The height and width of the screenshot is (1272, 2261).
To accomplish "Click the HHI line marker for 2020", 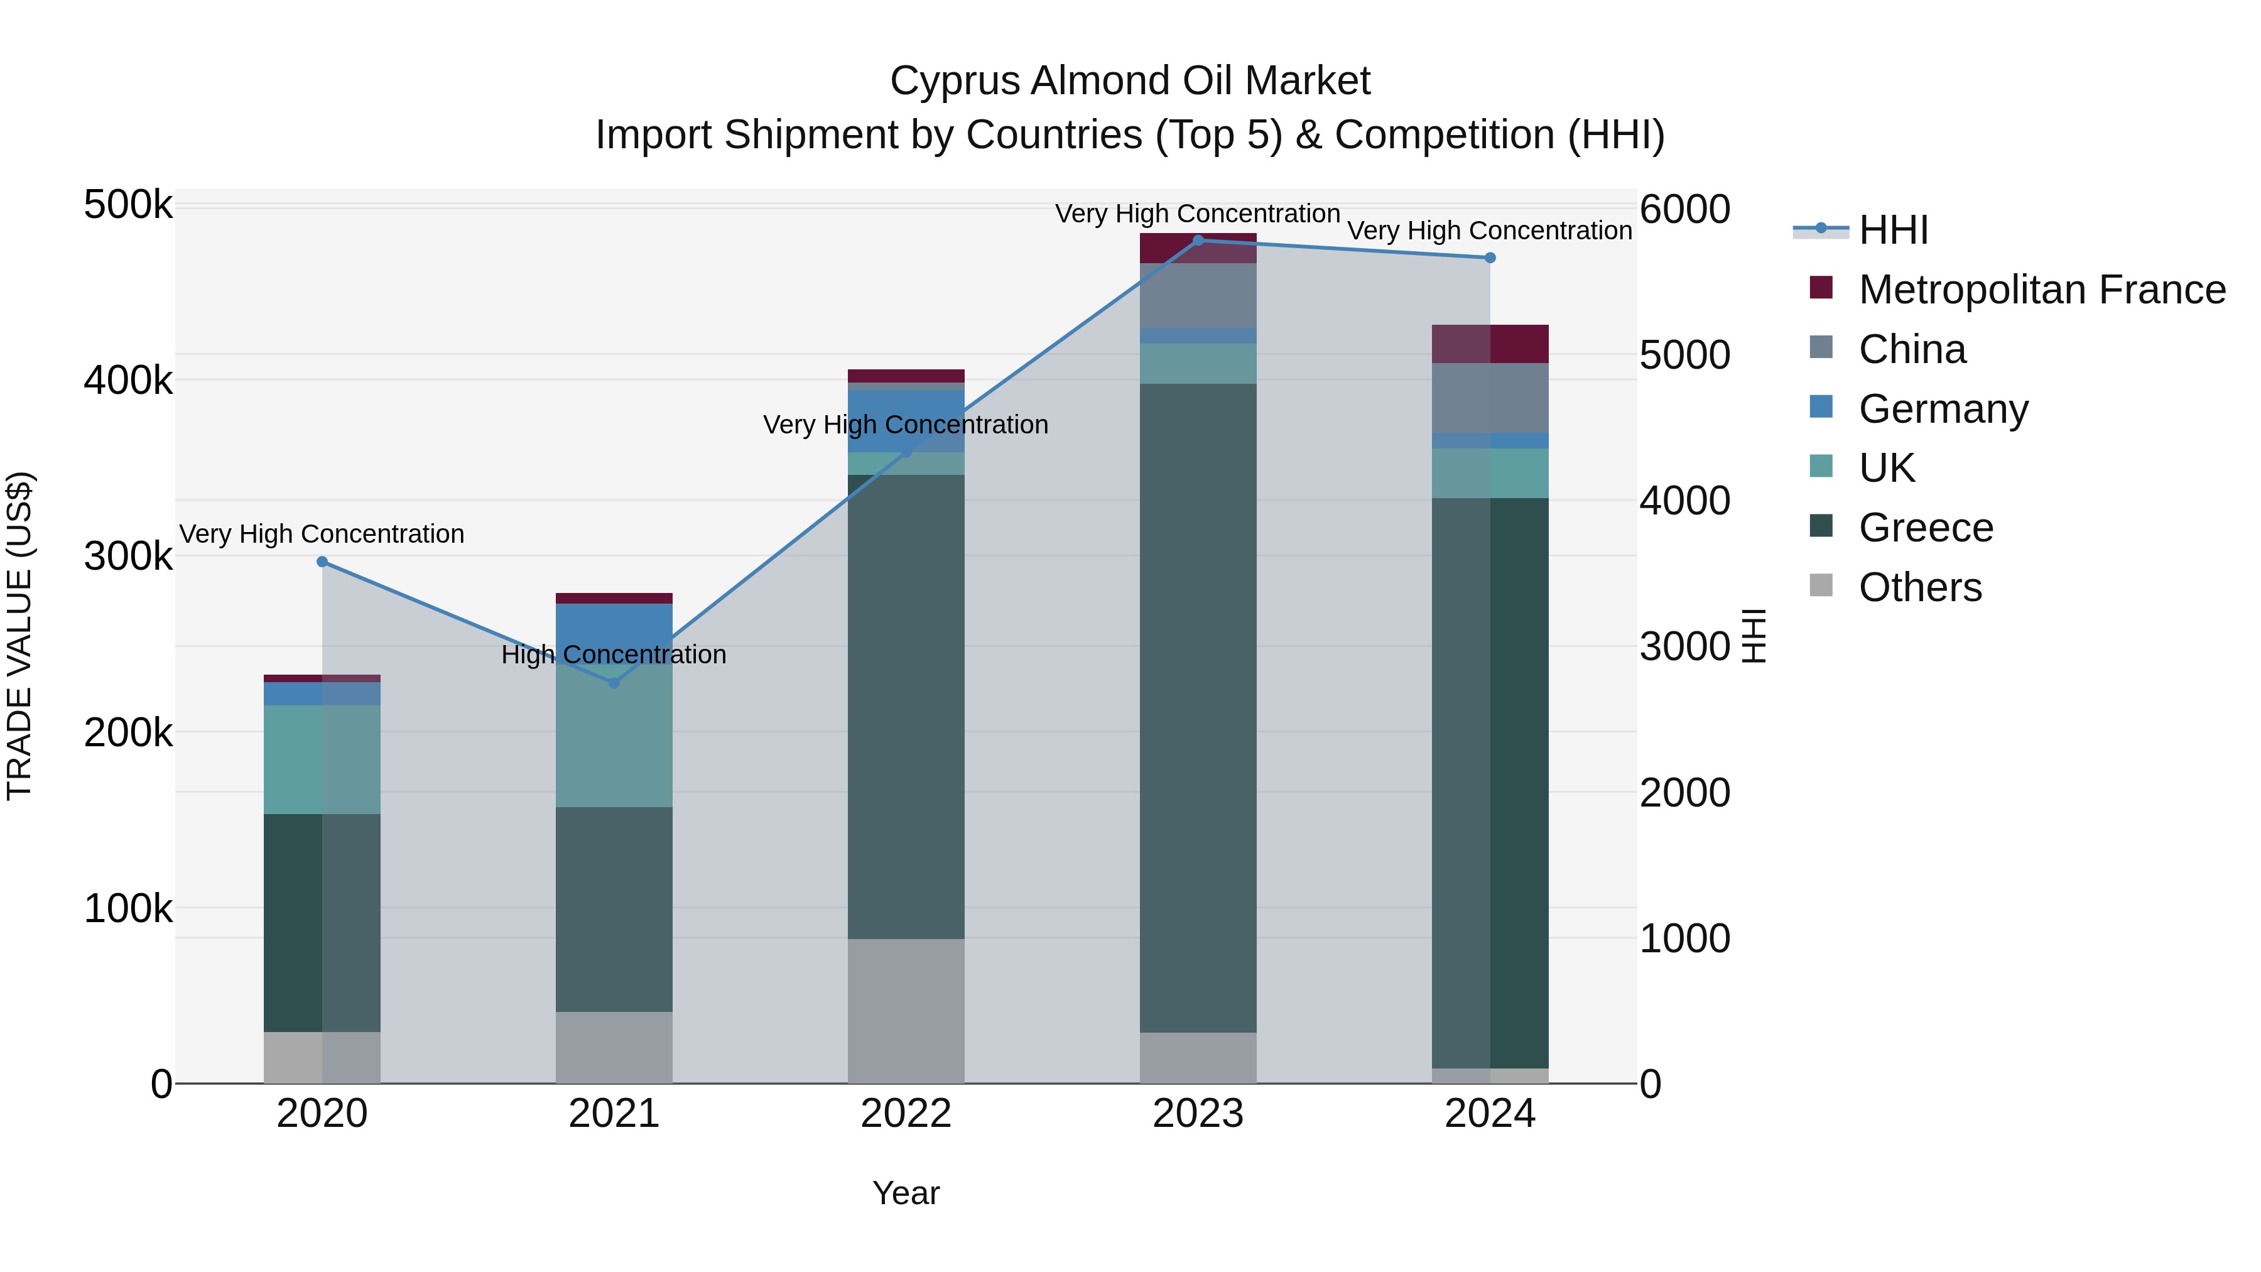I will (322, 562).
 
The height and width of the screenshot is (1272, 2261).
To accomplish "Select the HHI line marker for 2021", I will (614, 683).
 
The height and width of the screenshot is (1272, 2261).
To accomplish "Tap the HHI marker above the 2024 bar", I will (1490, 258).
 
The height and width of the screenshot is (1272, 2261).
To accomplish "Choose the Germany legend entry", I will (1943, 409).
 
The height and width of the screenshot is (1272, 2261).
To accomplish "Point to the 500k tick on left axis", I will (128, 205).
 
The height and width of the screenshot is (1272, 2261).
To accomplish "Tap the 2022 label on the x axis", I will (906, 1114).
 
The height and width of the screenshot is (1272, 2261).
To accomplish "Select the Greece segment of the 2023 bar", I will (1198, 707).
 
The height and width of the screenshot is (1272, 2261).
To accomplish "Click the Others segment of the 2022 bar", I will (906, 1011).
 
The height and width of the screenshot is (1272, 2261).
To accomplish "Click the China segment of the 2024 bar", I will (1490, 398).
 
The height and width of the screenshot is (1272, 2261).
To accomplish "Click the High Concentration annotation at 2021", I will (614, 655).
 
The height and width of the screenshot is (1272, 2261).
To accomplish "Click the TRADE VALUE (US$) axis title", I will (20, 636).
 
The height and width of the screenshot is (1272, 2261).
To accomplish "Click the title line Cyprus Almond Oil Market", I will (1130, 81).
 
